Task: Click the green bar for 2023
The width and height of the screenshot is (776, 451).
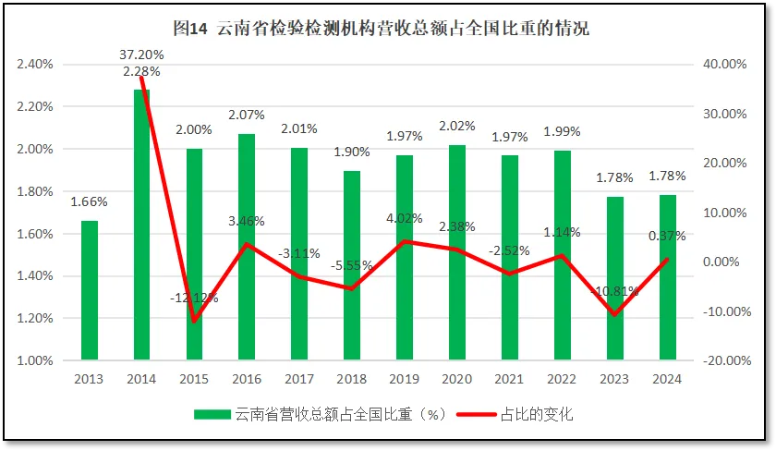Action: tap(615, 278)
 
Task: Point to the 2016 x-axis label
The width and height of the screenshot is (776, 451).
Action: tap(247, 379)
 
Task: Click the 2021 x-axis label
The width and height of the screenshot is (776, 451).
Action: tap(510, 379)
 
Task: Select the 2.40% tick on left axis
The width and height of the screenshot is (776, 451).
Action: tap(34, 65)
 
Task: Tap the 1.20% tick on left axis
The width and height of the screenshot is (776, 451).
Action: tap(34, 319)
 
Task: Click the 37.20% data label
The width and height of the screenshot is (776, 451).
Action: tap(142, 55)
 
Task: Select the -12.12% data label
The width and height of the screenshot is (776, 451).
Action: tap(194, 298)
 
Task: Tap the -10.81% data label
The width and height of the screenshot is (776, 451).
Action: tap(615, 291)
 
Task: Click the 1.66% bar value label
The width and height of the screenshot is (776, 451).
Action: tap(89, 201)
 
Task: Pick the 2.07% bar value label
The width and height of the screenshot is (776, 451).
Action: tap(247, 115)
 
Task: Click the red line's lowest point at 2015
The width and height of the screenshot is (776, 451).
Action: tap(195, 321)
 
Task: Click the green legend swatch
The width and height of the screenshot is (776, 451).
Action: tap(213, 414)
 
